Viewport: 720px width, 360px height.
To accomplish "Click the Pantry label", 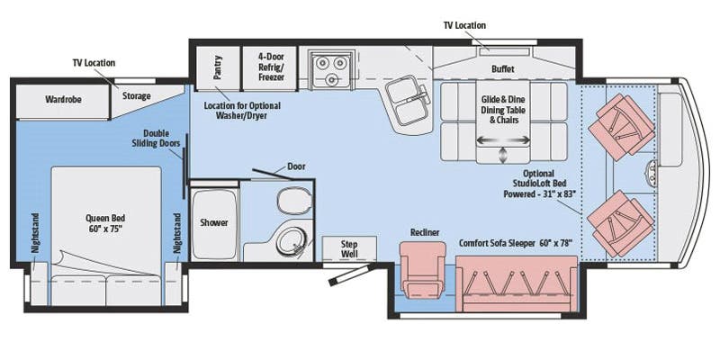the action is (x=218, y=67).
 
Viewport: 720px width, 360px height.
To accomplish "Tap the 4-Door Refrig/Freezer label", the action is (x=271, y=67).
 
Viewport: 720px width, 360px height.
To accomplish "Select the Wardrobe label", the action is (x=63, y=99).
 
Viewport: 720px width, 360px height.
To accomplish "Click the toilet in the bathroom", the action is (x=294, y=200).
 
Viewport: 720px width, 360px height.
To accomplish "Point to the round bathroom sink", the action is (x=291, y=238).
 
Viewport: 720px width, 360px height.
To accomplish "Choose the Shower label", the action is (x=214, y=222).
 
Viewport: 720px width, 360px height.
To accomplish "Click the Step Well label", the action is (x=349, y=249).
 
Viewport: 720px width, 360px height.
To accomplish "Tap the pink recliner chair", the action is (x=422, y=269).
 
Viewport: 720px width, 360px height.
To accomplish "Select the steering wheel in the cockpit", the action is (x=652, y=172).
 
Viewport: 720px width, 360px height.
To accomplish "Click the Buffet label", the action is (x=503, y=69).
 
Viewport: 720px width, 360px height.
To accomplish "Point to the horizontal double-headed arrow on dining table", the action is (x=503, y=140).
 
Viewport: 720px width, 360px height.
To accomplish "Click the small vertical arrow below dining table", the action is (x=503, y=155).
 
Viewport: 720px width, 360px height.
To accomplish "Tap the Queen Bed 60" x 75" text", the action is (x=105, y=222).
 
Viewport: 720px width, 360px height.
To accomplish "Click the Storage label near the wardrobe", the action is (x=137, y=96).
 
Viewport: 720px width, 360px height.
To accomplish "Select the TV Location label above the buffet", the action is (x=464, y=25).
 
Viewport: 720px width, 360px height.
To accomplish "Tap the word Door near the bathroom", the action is (x=296, y=166).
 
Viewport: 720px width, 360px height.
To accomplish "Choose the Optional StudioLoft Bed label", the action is (x=539, y=184).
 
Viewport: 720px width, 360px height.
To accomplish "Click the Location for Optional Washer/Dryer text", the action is (x=242, y=111).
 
